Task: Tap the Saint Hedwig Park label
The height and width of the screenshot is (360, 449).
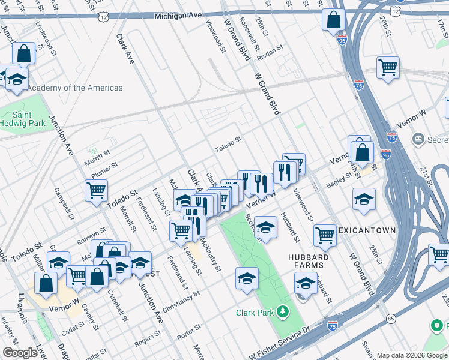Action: coord(28,118)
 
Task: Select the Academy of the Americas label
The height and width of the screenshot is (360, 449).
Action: coord(75,88)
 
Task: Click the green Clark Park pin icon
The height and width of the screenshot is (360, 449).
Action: coord(282,313)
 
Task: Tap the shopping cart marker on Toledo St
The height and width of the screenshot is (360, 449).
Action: coord(96,190)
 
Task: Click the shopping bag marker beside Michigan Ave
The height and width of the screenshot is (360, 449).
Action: coord(333,19)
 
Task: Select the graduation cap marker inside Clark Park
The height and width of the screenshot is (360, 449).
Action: coord(247,278)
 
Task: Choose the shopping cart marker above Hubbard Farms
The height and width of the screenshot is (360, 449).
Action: coord(325,235)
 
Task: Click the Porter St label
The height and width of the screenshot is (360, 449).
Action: coord(188,330)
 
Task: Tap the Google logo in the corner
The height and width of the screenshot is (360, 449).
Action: coord(20,353)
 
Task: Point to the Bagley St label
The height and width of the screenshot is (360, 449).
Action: coord(339,175)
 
